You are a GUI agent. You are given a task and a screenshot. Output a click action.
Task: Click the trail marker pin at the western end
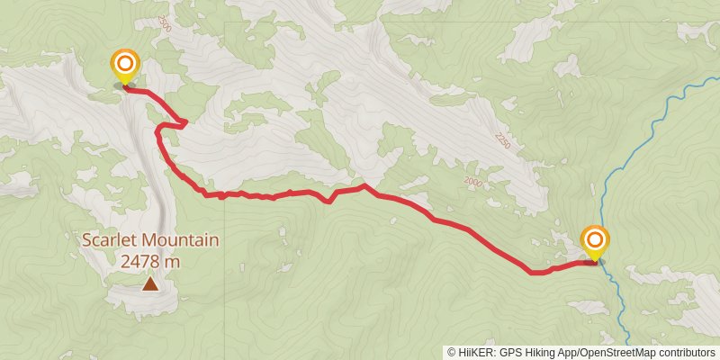point(124,68)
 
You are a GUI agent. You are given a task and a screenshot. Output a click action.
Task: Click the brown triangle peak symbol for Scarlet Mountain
point(149,284)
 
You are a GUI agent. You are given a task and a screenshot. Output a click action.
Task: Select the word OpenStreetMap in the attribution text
point(621,352)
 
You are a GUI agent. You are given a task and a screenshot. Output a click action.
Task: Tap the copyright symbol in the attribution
point(452,352)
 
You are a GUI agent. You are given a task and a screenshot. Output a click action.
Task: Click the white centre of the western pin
point(124,64)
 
